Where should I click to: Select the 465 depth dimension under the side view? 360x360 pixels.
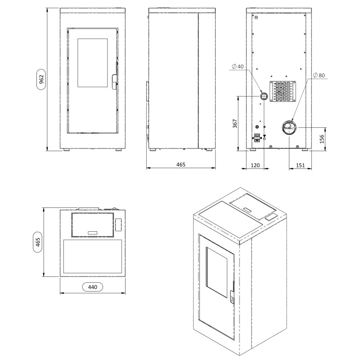click(180, 165)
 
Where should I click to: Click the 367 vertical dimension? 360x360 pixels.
click(235, 125)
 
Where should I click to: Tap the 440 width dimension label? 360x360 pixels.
click(92, 286)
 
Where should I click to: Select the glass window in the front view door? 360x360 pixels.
click(93, 63)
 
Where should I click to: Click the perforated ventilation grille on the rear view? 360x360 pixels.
click(282, 91)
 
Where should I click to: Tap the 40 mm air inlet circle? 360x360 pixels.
click(264, 96)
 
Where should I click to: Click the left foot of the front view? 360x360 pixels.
click(66, 150)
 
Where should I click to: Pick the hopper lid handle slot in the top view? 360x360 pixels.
click(92, 232)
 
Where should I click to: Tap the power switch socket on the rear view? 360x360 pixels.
click(257, 138)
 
